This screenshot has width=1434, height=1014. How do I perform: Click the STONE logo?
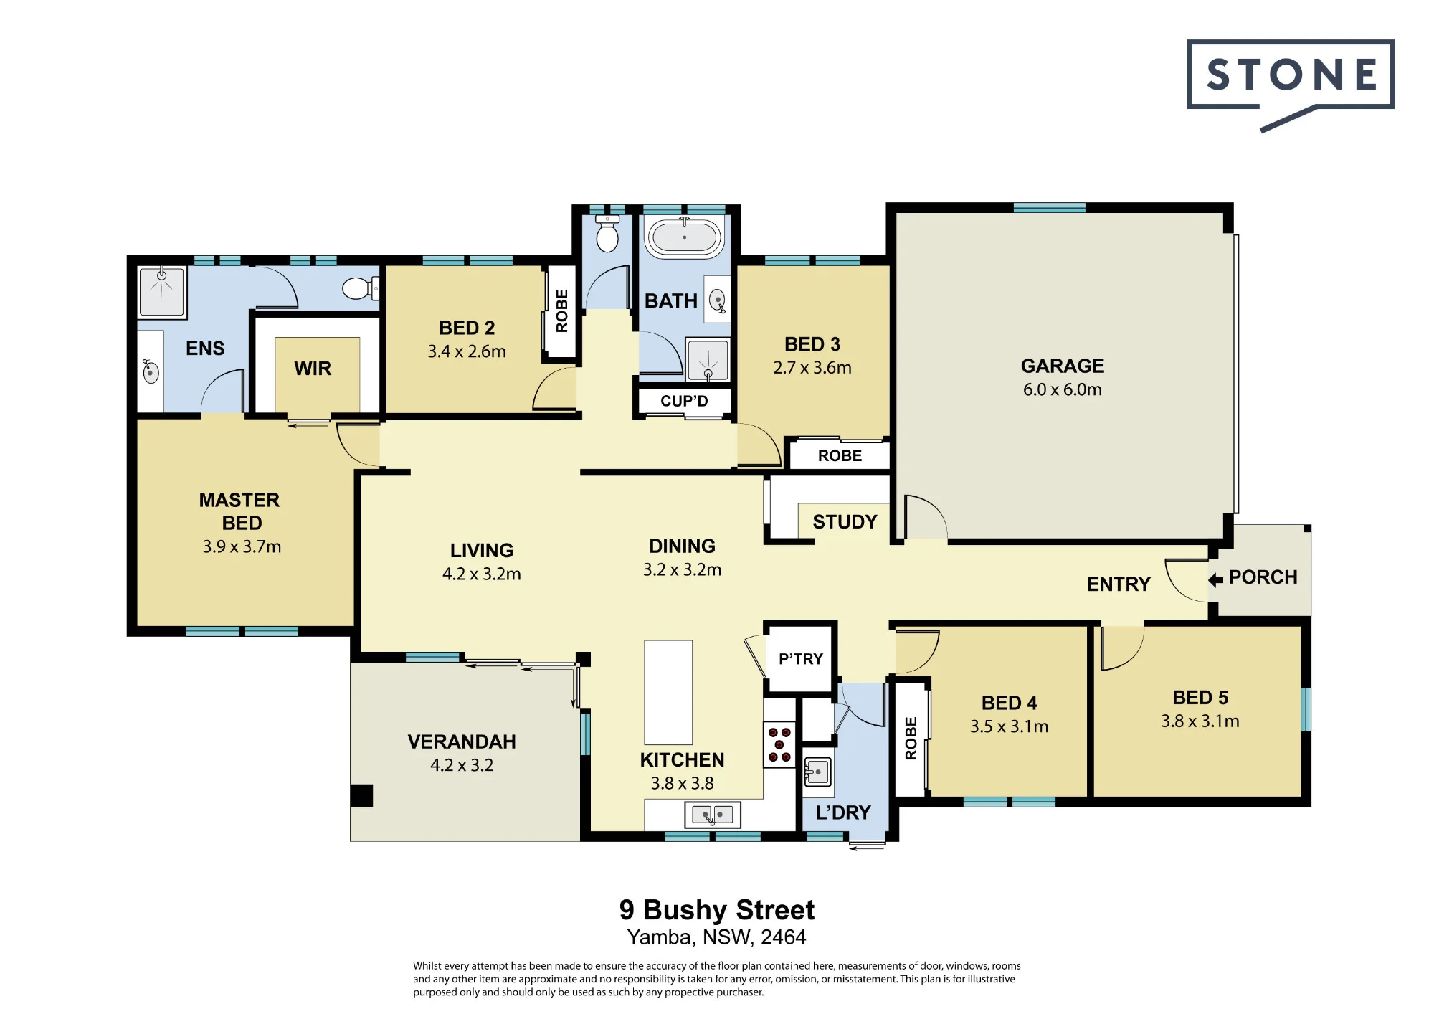[1291, 85]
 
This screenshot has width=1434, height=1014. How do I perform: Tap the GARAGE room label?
[1063, 366]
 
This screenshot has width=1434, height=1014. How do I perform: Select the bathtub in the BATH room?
[684, 237]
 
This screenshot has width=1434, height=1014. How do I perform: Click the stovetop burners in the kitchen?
[779, 744]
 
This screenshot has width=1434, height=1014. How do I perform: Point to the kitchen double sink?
[713, 815]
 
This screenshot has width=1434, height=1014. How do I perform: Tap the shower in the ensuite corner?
[163, 292]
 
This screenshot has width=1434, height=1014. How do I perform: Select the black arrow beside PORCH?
[1215, 579]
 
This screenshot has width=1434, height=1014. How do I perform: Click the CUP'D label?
[684, 401]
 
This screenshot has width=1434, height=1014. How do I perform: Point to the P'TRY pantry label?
[801, 658]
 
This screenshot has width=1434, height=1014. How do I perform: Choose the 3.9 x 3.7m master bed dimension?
[242, 546]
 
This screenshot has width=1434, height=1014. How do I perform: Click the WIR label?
[313, 369]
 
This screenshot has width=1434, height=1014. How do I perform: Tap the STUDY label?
[845, 522]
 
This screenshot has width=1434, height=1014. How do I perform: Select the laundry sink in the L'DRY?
[817, 772]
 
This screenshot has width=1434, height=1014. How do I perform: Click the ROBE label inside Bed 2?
[562, 311]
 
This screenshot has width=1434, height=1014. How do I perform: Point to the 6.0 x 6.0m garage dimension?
[1063, 389]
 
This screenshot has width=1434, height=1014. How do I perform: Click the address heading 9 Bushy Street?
[717, 910]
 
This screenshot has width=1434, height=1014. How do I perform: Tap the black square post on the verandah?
[361, 795]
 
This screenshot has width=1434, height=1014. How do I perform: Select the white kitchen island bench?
[668, 692]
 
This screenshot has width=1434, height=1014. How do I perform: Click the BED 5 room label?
[1200, 698]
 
